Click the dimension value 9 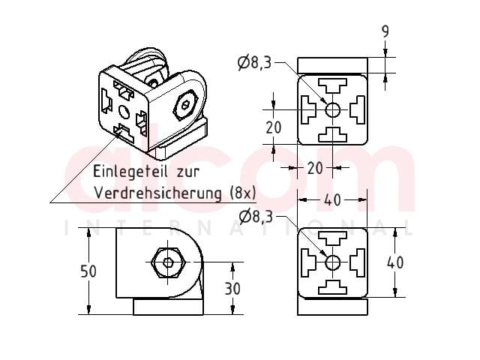[x=385, y=31]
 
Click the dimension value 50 [x=88, y=271]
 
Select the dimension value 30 [x=232, y=288]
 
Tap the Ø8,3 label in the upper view [x=255, y=63]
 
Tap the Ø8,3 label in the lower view [x=256, y=217]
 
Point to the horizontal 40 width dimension [x=332, y=200]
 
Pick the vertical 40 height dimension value [x=395, y=262]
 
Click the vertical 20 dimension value [x=273, y=127]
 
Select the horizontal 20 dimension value [x=315, y=168]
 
